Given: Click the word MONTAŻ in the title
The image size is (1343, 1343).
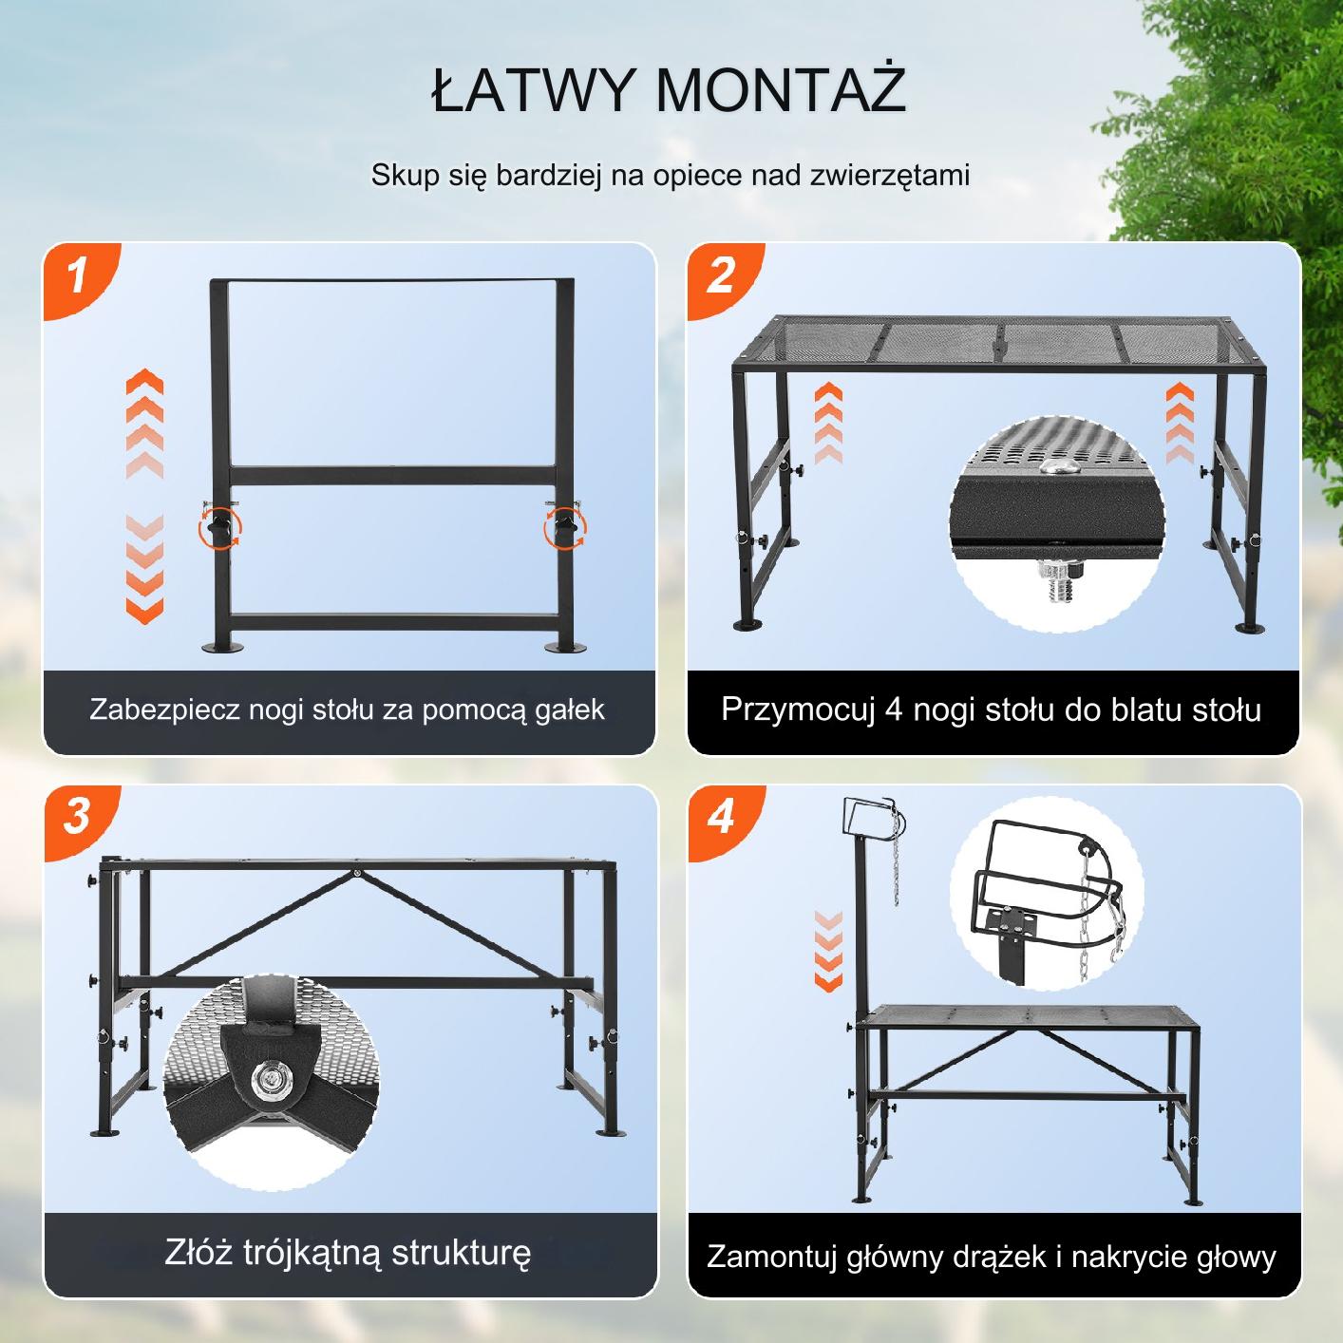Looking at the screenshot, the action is [781, 89].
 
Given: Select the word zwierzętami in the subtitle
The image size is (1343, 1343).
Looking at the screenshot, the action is [890, 175].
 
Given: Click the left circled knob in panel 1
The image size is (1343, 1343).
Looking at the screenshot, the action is [219, 527].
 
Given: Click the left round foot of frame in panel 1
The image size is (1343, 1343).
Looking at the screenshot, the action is [223, 648].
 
